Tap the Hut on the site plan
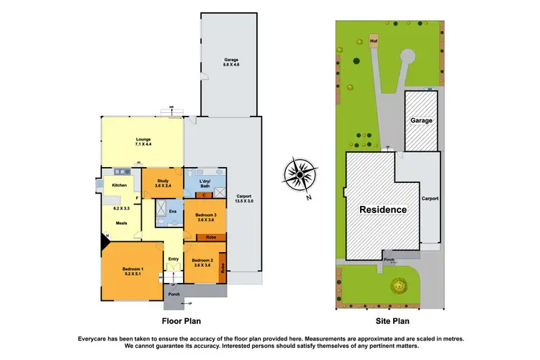click(x=374, y=42)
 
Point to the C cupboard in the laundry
click(x=204, y=194)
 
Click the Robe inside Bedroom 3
click(x=211, y=237)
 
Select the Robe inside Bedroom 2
click(x=223, y=267)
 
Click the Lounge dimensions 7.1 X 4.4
click(x=141, y=145)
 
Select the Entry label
click(x=174, y=259)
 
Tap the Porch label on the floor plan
click(x=174, y=294)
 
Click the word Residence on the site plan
click(x=383, y=210)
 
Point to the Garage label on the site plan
click(x=421, y=120)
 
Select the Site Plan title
click(x=392, y=323)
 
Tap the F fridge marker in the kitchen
click(x=137, y=197)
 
